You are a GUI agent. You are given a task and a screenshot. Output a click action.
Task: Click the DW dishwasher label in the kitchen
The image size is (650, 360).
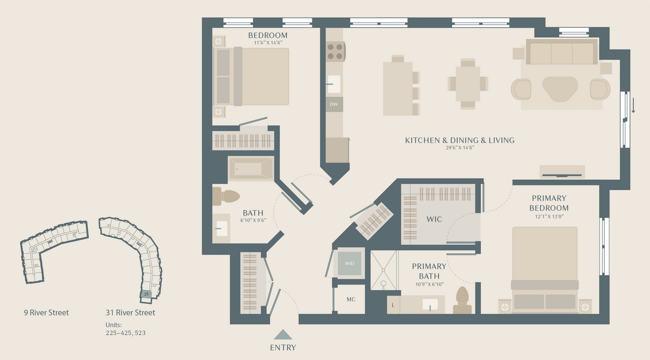click(x=334, y=104)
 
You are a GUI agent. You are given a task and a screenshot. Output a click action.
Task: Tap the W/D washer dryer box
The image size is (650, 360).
click(x=350, y=263)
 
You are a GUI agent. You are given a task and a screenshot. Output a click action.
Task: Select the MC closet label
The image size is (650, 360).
click(x=351, y=299)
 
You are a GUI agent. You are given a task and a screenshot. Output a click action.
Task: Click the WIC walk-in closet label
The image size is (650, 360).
click(x=434, y=219)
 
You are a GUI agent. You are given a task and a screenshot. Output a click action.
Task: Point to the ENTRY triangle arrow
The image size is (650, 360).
click(x=283, y=335)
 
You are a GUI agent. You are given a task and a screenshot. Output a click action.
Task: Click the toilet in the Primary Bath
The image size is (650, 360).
click(x=462, y=300)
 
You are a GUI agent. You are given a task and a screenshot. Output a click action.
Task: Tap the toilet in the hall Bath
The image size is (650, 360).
click(x=226, y=197)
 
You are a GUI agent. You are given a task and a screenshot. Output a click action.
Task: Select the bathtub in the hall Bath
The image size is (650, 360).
click(x=251, y=169)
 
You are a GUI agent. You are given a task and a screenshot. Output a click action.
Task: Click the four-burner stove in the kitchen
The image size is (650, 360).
click(x=335, y=51)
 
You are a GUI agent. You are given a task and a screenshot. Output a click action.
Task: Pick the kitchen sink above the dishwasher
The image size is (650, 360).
click(x=334, y=84)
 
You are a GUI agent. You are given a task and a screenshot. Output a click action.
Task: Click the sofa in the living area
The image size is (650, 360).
click(x=561, y=52)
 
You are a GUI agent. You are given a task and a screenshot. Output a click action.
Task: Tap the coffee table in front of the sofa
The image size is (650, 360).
click(x=560, y=89)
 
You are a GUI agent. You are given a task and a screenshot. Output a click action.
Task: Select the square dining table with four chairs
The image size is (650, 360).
click(x=468, y=84)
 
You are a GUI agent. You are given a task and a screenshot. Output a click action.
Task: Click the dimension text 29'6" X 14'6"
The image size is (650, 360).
click(x=459, y=148)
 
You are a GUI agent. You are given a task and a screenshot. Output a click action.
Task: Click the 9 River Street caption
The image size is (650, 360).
click(x=46, y=313)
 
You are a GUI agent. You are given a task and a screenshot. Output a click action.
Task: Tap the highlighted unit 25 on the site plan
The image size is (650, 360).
click(x=147, y=294)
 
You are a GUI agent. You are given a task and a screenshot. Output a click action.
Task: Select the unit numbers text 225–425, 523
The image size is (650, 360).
click(x=125, y=332)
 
